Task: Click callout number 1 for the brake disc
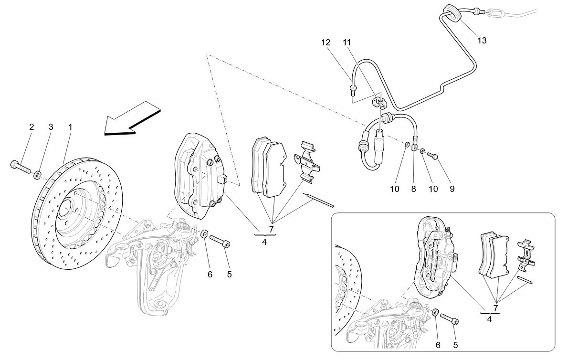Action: pyautogui.click(x=70, y=127)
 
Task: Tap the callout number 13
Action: pyautogui.click(x=482, y=41)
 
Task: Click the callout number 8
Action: pyautogui.click(x=413, y=189)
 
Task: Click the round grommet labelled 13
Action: pyautogui.click(x=451, y=12)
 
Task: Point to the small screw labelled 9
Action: pyautogui.click(x=432, y=155)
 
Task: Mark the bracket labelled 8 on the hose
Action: pyautogui.click(x=415, y=149)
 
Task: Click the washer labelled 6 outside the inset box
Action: pyautogui.click(x=204, y=233)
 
